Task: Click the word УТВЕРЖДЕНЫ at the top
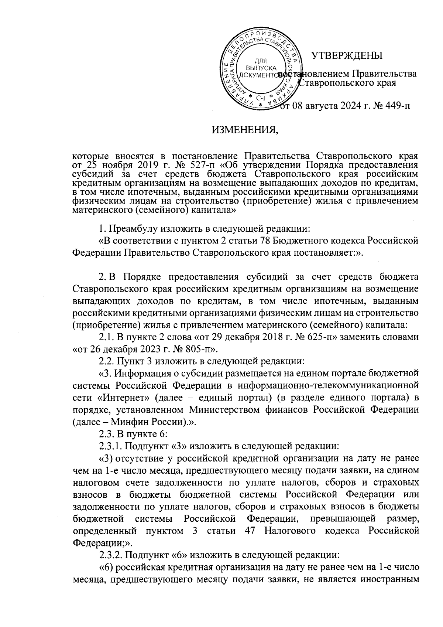click(x=347, y=56)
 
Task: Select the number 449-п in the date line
click(x=395, y=107)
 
